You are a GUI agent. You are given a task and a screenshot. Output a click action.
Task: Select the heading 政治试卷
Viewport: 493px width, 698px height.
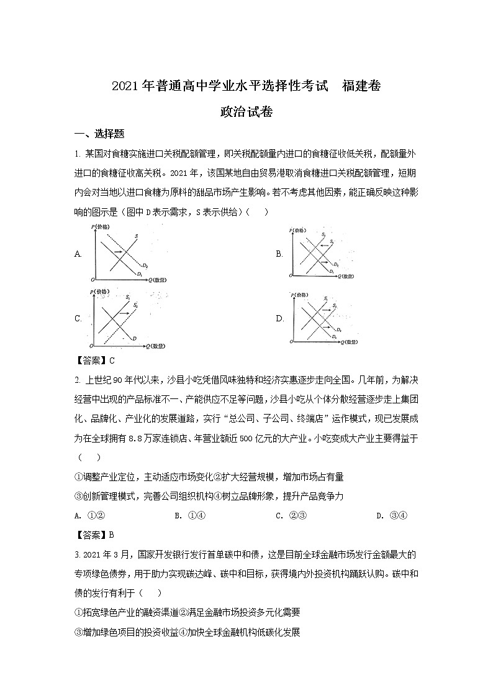pyautogui.click(x=246, y=113)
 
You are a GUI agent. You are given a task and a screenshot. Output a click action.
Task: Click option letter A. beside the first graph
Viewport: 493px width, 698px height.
pyautogui.click(x=78, y=254)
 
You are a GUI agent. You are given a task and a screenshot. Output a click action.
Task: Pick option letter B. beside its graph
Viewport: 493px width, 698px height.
pyautogui.click(x=279, y=254)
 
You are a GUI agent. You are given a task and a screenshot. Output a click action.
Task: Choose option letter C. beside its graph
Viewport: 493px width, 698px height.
pyautogui.click(x=78, y=318)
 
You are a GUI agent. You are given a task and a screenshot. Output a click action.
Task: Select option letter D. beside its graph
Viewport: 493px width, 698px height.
pyautogui.click(x=280, y=318)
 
